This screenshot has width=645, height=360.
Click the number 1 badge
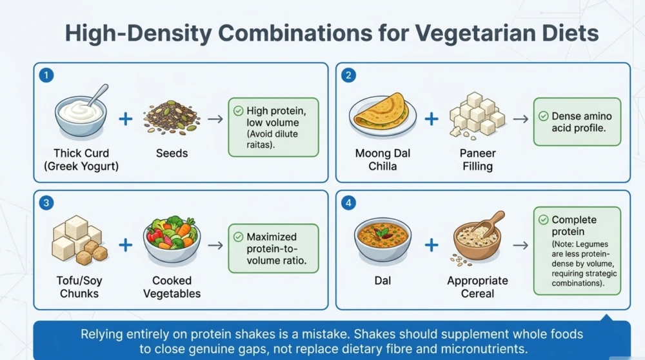[46, 75]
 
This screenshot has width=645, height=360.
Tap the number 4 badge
[348, 203]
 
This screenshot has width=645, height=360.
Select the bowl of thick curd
[81, 116]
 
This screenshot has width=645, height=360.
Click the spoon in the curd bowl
[98, 95]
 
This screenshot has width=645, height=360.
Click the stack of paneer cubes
[477, 114]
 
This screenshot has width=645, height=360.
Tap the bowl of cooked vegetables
[172, 240]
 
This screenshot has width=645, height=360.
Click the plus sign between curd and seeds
[126, 119]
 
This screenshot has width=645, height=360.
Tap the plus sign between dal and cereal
[432, 245]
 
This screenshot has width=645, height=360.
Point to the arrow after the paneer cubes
[521, 119]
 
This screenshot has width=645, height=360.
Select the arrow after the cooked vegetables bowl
[215, 245]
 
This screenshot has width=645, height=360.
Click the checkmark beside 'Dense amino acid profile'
[543, 116]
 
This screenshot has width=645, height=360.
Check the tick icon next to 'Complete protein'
[543, 220]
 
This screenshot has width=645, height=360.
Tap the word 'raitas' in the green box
[259, 145]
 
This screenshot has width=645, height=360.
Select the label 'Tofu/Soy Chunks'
[79, 286]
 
